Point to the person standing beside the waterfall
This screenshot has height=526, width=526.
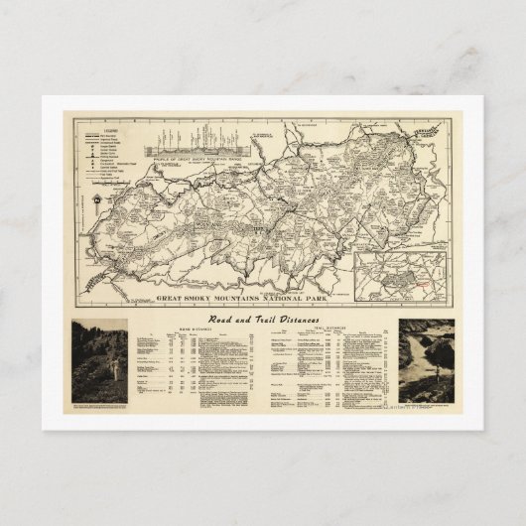pos(416,381)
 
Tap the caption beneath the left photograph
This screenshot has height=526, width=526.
pos(99,408)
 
